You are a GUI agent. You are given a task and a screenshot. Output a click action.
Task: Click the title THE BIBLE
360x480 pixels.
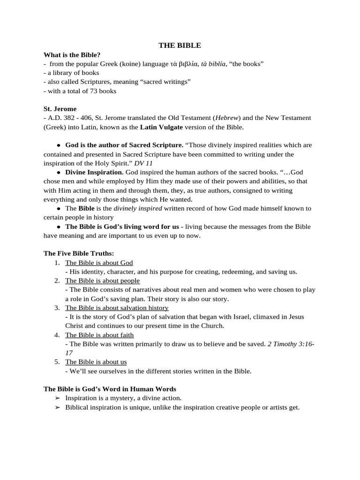coord(180,45)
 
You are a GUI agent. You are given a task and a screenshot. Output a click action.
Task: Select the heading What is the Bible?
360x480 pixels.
coord(72,55)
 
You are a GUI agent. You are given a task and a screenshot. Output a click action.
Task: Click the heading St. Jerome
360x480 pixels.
coord(60,109)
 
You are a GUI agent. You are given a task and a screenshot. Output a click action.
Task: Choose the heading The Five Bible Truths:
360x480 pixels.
coord(79,254)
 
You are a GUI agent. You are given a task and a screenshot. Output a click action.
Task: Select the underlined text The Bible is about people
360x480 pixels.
coord(102,281)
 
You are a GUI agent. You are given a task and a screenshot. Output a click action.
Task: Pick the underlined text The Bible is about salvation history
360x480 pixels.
coord(117,308)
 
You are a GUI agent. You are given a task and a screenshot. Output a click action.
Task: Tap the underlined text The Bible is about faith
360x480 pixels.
coord(99,335)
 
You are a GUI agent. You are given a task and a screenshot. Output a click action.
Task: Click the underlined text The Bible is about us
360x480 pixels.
coord(96,362)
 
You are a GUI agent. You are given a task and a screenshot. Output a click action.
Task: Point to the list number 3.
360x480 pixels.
coord(56,308)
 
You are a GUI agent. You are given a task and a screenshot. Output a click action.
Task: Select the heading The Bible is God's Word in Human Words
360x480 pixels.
coord(110,389)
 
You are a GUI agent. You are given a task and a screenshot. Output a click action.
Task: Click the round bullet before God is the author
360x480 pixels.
coord(59,145)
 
